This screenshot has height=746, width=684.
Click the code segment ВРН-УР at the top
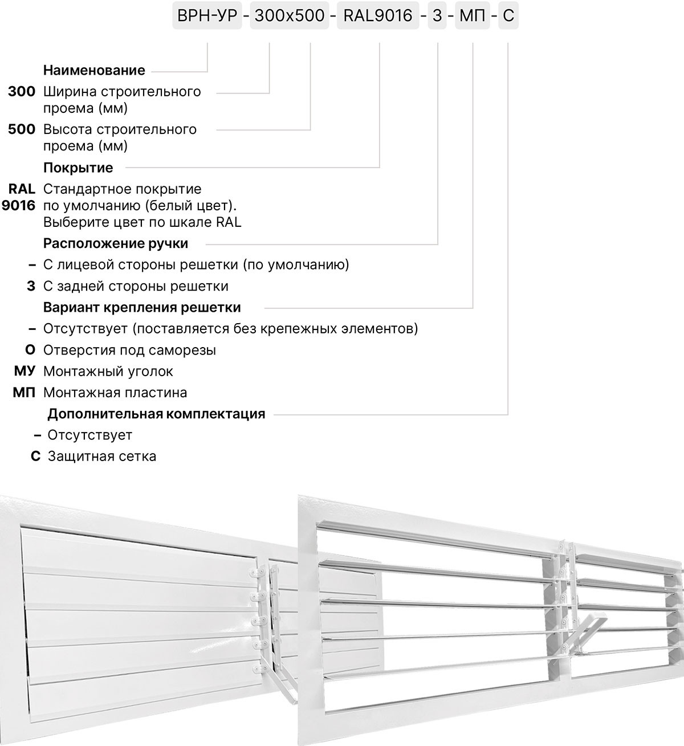click(x=206, y=16)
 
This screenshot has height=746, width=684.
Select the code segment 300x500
click(x=289, y=16)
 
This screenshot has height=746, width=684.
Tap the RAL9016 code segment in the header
click(x=377, y=16)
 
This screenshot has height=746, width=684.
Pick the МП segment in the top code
click(x=473, y=16)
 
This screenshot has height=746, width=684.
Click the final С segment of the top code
click(x=508, y=16)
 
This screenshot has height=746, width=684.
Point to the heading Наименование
click(x=94, y=71)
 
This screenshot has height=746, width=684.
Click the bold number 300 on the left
click(x=22, y=92)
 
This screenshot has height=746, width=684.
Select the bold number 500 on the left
click(x=22, y=129)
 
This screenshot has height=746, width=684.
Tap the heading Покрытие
click(x=78, y=168)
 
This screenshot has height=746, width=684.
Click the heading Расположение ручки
click(x=116, y=244)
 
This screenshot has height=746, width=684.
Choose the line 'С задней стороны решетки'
click(x=136, y=287)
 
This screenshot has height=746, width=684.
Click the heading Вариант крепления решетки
click(x=142, y=308)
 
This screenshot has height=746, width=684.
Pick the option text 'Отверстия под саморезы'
click(x=129, y=350)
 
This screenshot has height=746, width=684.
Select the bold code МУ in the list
click(x=25, y=372)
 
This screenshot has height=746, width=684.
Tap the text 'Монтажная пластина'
click(x=115, y=393)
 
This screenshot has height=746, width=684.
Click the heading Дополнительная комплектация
click(x=156, y=414)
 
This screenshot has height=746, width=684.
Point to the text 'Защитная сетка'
click(x=102, y=456)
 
